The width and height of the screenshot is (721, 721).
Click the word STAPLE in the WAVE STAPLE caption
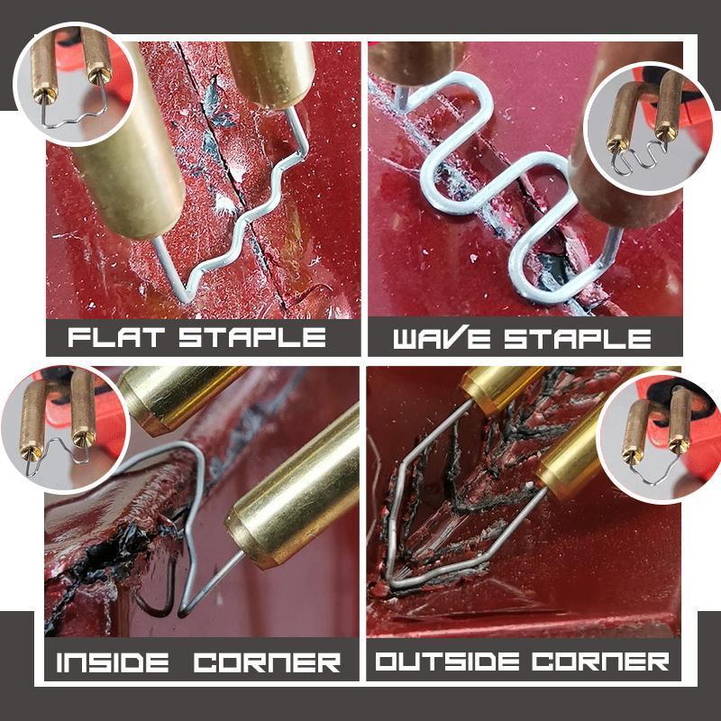click(577, 339)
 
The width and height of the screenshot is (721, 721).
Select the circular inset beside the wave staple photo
click(643, 135)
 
